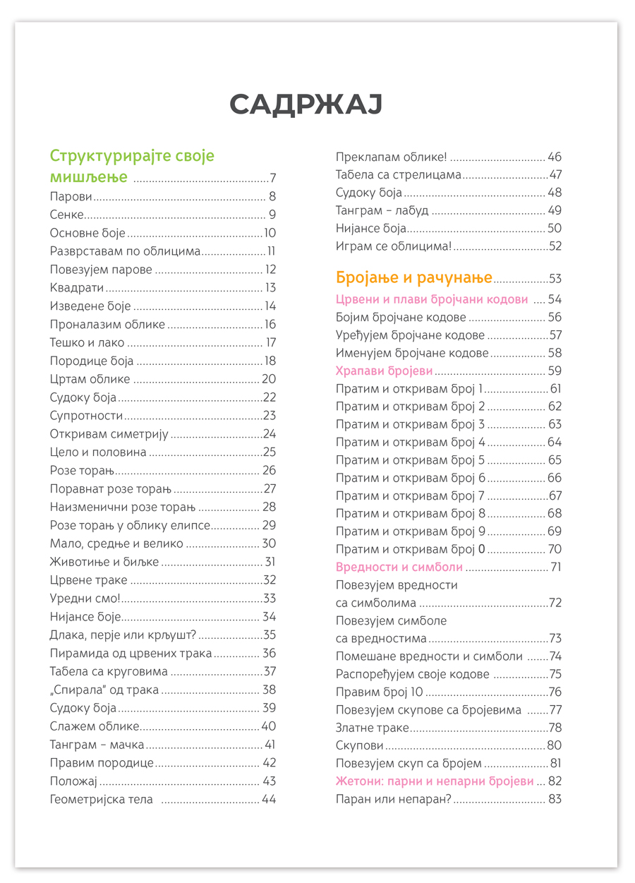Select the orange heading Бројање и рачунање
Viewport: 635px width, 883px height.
(414, 278)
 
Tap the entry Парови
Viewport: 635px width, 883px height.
(71, 197)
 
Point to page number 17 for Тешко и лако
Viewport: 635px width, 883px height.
(270, 343)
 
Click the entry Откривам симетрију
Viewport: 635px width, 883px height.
(109, 434)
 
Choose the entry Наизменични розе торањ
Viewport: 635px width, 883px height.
(122, 507)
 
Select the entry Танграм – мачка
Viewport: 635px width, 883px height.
(97, 745)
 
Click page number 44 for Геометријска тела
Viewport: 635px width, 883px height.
(269, 800)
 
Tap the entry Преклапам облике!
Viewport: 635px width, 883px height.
(392, 157)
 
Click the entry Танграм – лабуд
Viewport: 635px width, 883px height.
(382, 210)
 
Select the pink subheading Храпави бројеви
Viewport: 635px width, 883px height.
(384, 371)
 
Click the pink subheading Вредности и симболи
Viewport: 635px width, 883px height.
(399, 567)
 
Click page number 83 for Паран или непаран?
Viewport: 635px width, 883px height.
(555, 800)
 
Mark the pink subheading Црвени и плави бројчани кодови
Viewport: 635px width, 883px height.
(432, 299)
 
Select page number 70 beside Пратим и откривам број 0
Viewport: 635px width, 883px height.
(555, 549)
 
